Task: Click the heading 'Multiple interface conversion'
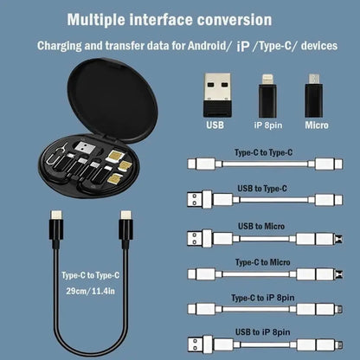181,18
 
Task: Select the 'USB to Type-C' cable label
262,188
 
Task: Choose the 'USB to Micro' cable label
262,225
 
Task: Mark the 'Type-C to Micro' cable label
262,261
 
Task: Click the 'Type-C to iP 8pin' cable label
262,297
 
